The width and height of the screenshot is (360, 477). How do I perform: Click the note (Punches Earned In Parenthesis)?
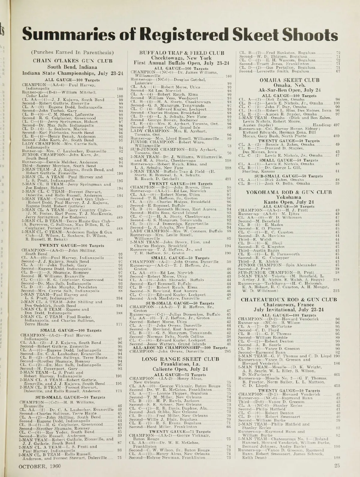click(74, 52)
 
